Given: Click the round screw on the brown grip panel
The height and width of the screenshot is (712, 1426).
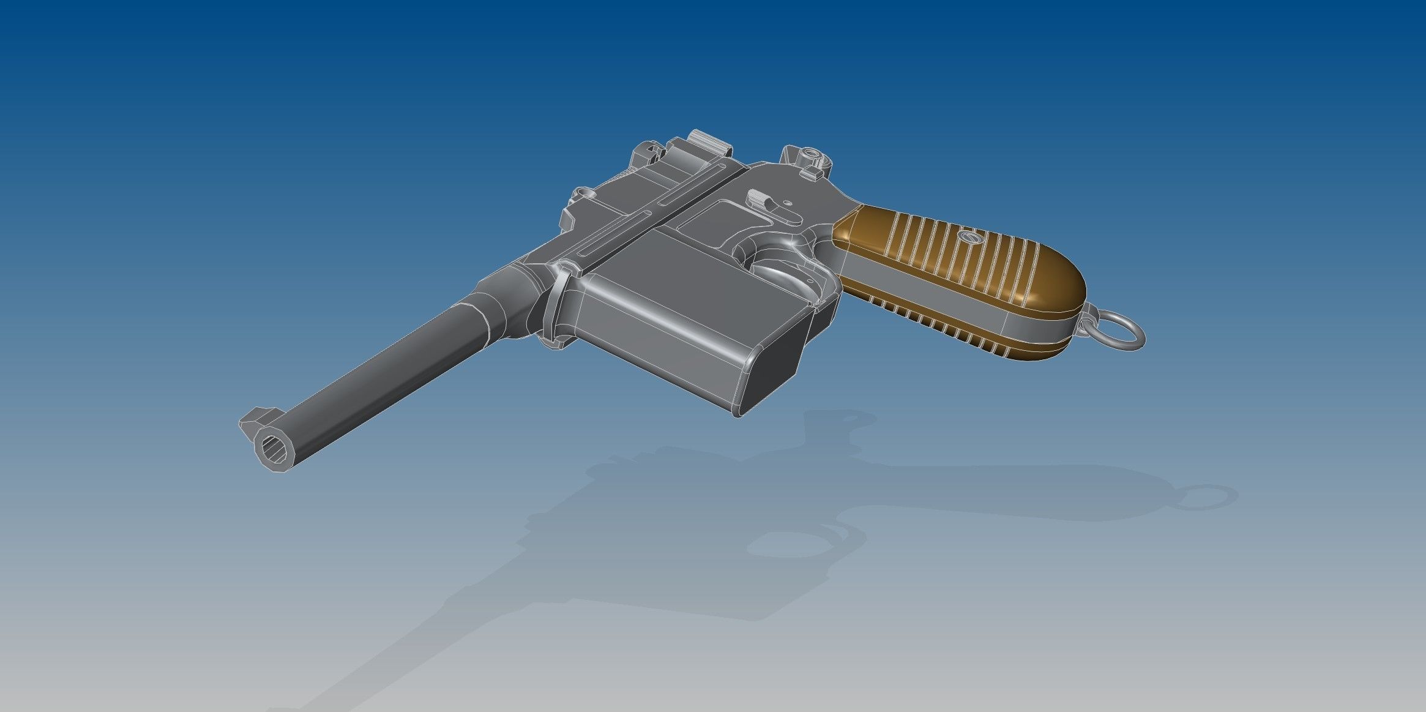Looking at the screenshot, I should coord(968,236).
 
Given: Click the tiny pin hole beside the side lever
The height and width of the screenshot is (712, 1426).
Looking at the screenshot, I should coord(788,200).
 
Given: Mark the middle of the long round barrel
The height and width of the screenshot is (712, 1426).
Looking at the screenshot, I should coord(392,367).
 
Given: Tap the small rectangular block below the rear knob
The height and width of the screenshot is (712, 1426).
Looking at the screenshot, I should coord(811,174).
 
